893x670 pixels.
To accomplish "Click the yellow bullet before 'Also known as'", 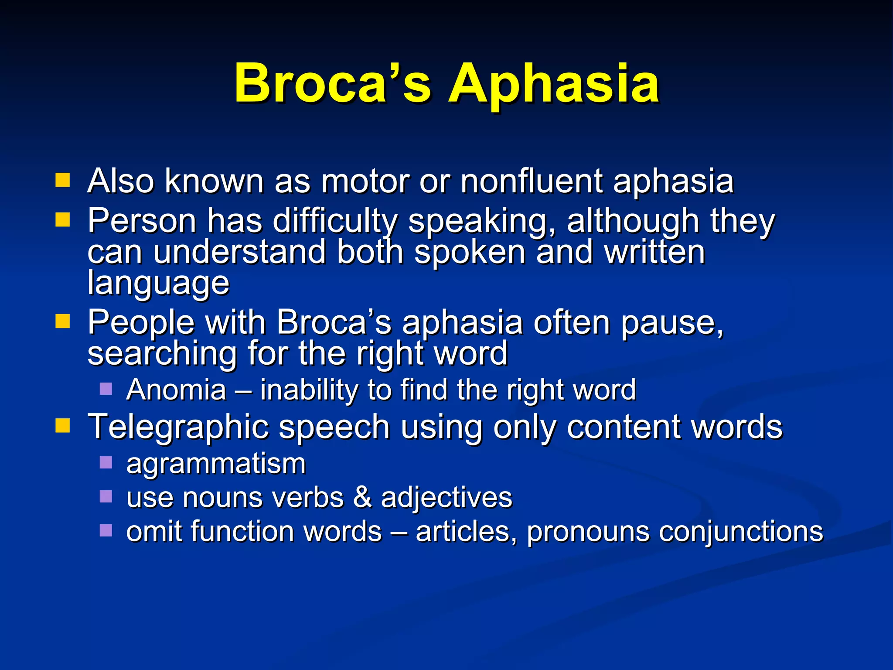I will pyautogui.click(x=63, y=180).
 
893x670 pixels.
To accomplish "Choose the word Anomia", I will pyautogui.click(x=176, y=390).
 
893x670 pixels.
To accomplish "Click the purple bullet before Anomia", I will pyautogui.click(x=106, y=388).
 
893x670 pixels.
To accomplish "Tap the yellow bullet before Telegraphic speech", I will pyautogui.click(x=63, y=425).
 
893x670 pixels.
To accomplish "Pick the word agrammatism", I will pyautogui.click(x=216, y=464).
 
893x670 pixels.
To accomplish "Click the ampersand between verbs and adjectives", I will pyautogui.click(x=362, y=497).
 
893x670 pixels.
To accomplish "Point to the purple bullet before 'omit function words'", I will pyautogui.click(x=106, y=530).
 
